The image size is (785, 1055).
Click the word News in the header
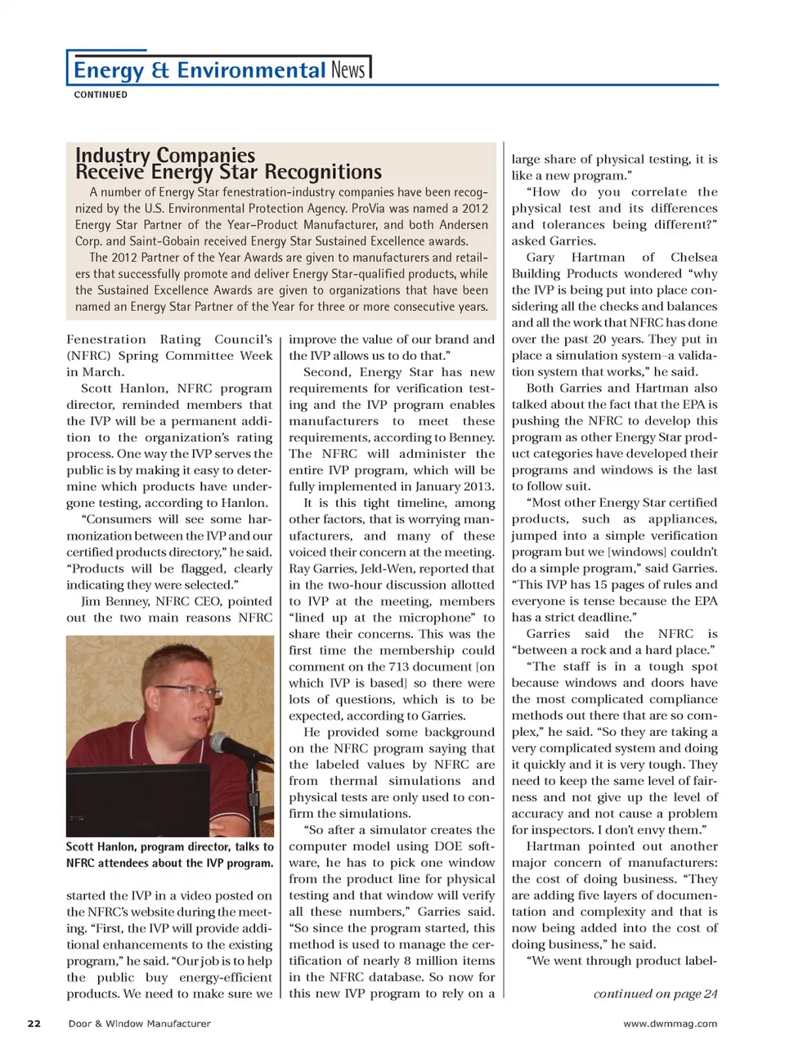tap(348, 70)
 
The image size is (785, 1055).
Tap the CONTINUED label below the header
tap(101, 95)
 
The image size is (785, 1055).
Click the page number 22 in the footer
tap(34, 1023)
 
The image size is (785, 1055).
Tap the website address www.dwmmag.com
tap(670, 1023)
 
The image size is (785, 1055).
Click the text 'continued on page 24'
tap(655, 994)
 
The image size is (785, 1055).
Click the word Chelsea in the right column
tap(693, 258)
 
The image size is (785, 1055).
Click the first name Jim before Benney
tap(92, 601)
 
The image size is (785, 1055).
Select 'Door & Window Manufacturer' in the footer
tap(139, 1023)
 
